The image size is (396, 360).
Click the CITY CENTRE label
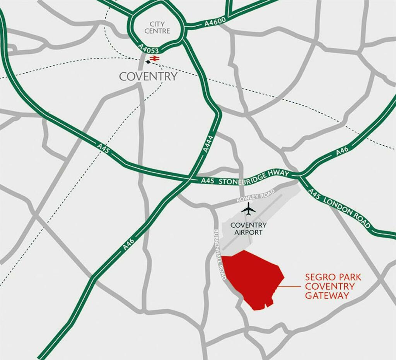[x=157, y=27]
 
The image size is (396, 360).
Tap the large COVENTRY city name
[x=148, y=76]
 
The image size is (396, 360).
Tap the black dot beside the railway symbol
[x=148, y=62]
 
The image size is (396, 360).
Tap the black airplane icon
[x=248, y=210]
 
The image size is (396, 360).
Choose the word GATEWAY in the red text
[x=327, y=296]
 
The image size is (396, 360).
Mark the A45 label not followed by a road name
[x=104, y=149]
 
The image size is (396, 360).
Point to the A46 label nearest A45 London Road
[x=342, y=151]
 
